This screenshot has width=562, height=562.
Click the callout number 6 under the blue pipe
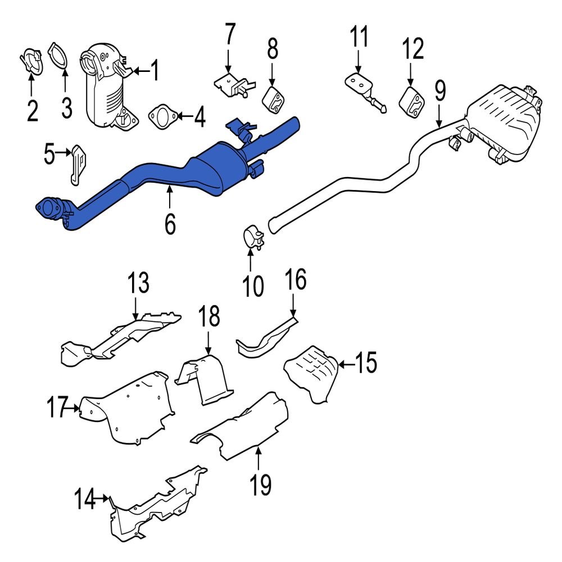point(170,223)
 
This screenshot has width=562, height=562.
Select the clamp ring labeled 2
point(33,63)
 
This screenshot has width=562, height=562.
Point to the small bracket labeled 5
point(78,164)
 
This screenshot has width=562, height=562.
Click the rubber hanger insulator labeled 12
point(413,102)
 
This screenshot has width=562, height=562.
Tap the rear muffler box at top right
point(503,121)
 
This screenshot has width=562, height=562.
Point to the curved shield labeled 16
point(264,339)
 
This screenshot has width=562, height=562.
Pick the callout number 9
point(439,90)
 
